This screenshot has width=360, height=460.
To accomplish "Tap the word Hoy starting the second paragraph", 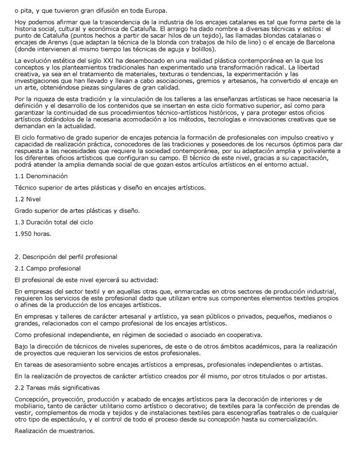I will click(x=20, y=23).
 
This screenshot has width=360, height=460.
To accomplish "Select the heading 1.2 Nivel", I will click(x=29, y=199).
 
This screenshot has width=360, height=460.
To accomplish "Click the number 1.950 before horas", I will click(x=25, y=233).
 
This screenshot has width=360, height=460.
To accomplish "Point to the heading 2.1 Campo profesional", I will click(x=49, y=268).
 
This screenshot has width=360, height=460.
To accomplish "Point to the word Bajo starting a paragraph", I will click(x=22, y=346).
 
